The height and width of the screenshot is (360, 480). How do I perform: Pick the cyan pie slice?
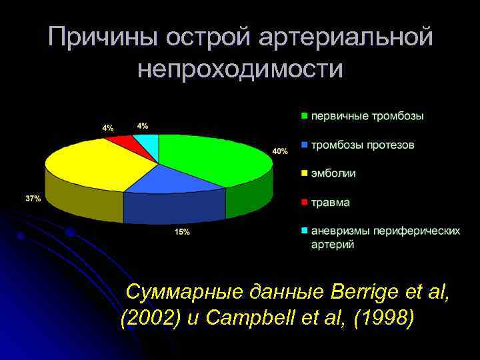pyautogui.click(x=148, y=141)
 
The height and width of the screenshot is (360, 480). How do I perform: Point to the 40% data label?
pyautogui.click(x=280, y=151)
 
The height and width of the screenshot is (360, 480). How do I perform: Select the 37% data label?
pyautogui.click(x=33, y=199)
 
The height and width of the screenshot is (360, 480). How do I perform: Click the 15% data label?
pyautogui.click(x=182, y=232)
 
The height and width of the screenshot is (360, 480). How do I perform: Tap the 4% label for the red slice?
pyautogui.click(x=107, y=127)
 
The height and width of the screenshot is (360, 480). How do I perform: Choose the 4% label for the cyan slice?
pyautogui.click(x=143, y=125)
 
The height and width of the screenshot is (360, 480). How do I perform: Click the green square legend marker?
pyautogui.click(x=305, y=116)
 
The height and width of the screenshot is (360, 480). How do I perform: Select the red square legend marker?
pyautogui.click(x=305, y=202)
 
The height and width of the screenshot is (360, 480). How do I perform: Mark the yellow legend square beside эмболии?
pyautogui.click(x=305, y=173)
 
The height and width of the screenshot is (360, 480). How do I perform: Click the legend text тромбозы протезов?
pyautogui.click(x=363, y=145)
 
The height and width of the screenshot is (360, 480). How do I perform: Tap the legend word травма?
pyautogui.click(x=331, y=202)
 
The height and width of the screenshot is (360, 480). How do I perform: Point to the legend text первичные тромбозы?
pyautogui.click(x=367, y=116)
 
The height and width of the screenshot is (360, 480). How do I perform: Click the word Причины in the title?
pyautogui.click(x=103, y=37)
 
